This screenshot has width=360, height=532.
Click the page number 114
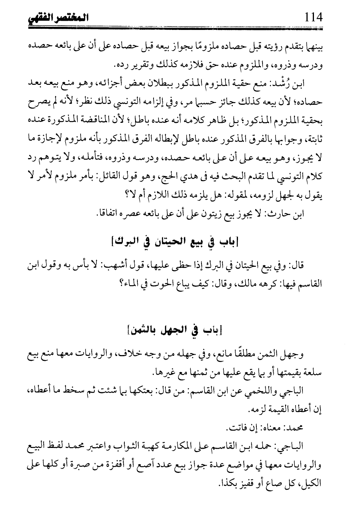coord(312,17)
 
